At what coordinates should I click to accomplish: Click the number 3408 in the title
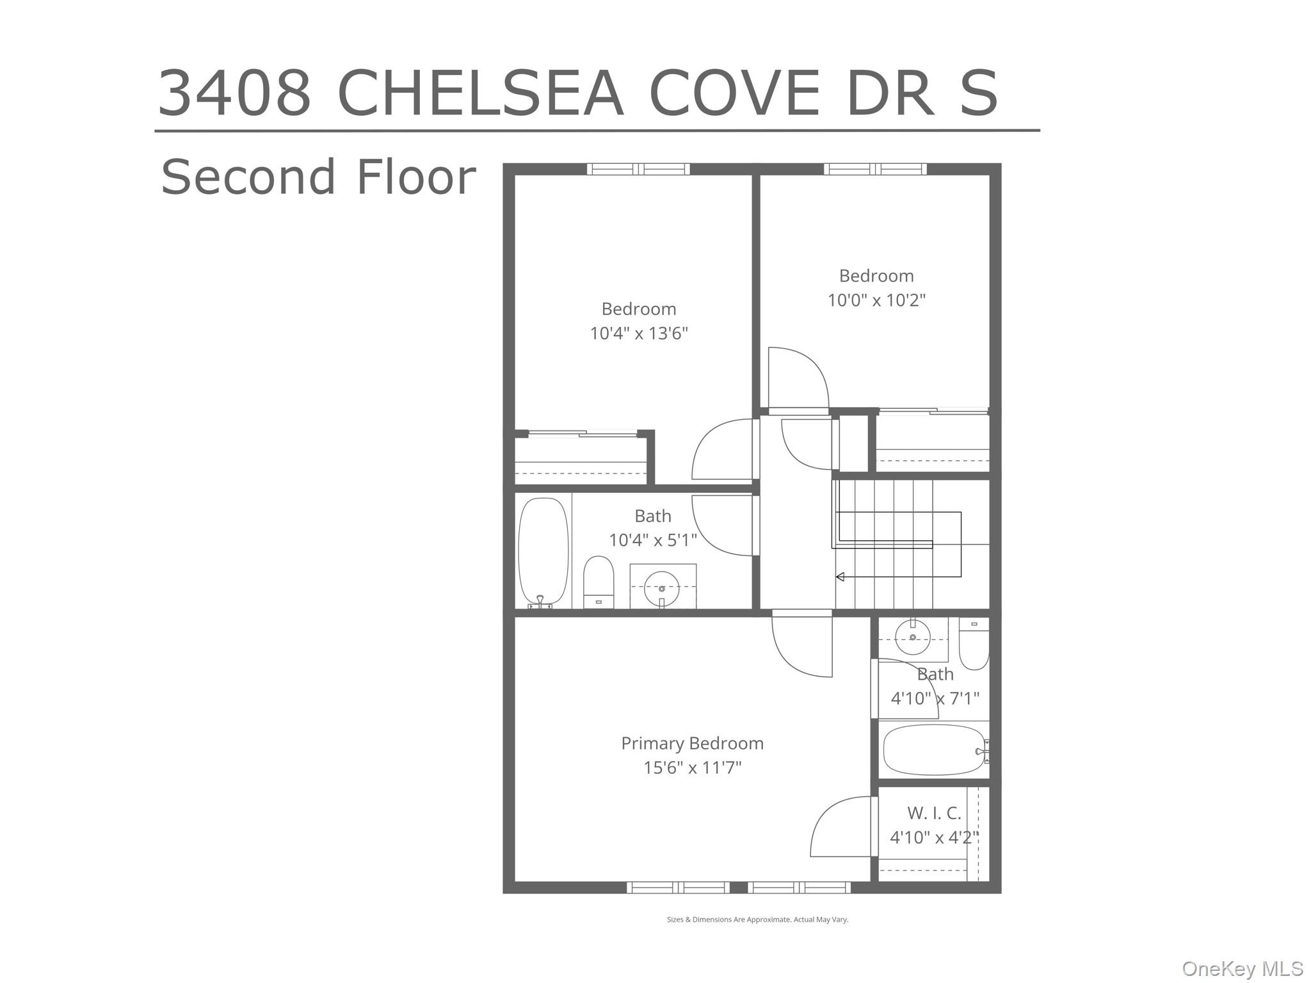pyautogui.click(x=234, y=94)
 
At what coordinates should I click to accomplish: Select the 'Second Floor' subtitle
pyautogui.click(x=318, y=177)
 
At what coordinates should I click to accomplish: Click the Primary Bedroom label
pyautogui.click(x=692, y=743)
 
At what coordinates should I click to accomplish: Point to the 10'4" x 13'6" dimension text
pyautogui.click(x=638, y=333)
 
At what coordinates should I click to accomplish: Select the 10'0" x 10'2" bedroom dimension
pyautogui.click(x=876, y=300)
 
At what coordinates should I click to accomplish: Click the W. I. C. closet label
pyautogui.click(x=934, y=813)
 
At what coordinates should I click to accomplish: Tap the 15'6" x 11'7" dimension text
pyautogui.click(x=692, y=767)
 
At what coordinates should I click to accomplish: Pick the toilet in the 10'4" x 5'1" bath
pyautogui.click(x=599, y=582)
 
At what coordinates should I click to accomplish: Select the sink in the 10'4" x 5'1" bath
pyautogui.click(x=662, y=587)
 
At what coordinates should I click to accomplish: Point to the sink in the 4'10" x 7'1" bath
pyautogui.click(x=912, y=637)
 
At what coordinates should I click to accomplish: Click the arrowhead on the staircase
pyautogui.click(x=840, y=577)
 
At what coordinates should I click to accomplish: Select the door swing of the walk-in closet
pyautogui.click(x=840, y=827)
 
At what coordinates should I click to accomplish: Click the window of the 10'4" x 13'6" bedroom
pyautogui.click(x=638, y=170)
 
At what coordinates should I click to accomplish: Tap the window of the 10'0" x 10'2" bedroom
pyautogui.click(x=874, y=170)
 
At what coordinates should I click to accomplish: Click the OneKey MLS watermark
pyautogui.click(x=1243, y=968)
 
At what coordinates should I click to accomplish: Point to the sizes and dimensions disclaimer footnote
pyautogui.click(x=757, y=920)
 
